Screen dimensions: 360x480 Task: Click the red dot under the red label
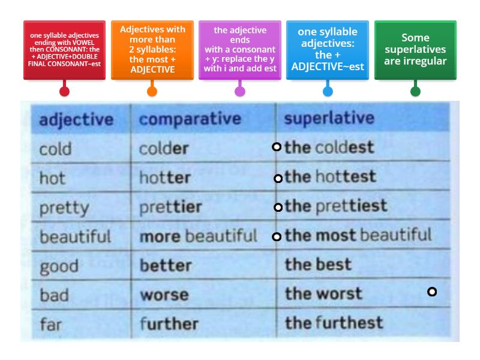64,91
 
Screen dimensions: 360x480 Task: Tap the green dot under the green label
415,91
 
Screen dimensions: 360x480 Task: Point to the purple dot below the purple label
240,91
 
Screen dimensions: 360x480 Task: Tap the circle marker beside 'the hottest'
278,178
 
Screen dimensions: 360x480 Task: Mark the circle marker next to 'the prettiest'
278,208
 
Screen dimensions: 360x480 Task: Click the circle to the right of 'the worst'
431,292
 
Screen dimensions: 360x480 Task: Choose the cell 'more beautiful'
198,236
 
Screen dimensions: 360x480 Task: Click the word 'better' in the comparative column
165,265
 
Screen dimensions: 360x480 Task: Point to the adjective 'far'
52,324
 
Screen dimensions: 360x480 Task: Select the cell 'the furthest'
334,323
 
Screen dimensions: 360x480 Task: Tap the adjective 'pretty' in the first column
64,208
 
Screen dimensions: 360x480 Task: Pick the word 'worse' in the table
164,295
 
